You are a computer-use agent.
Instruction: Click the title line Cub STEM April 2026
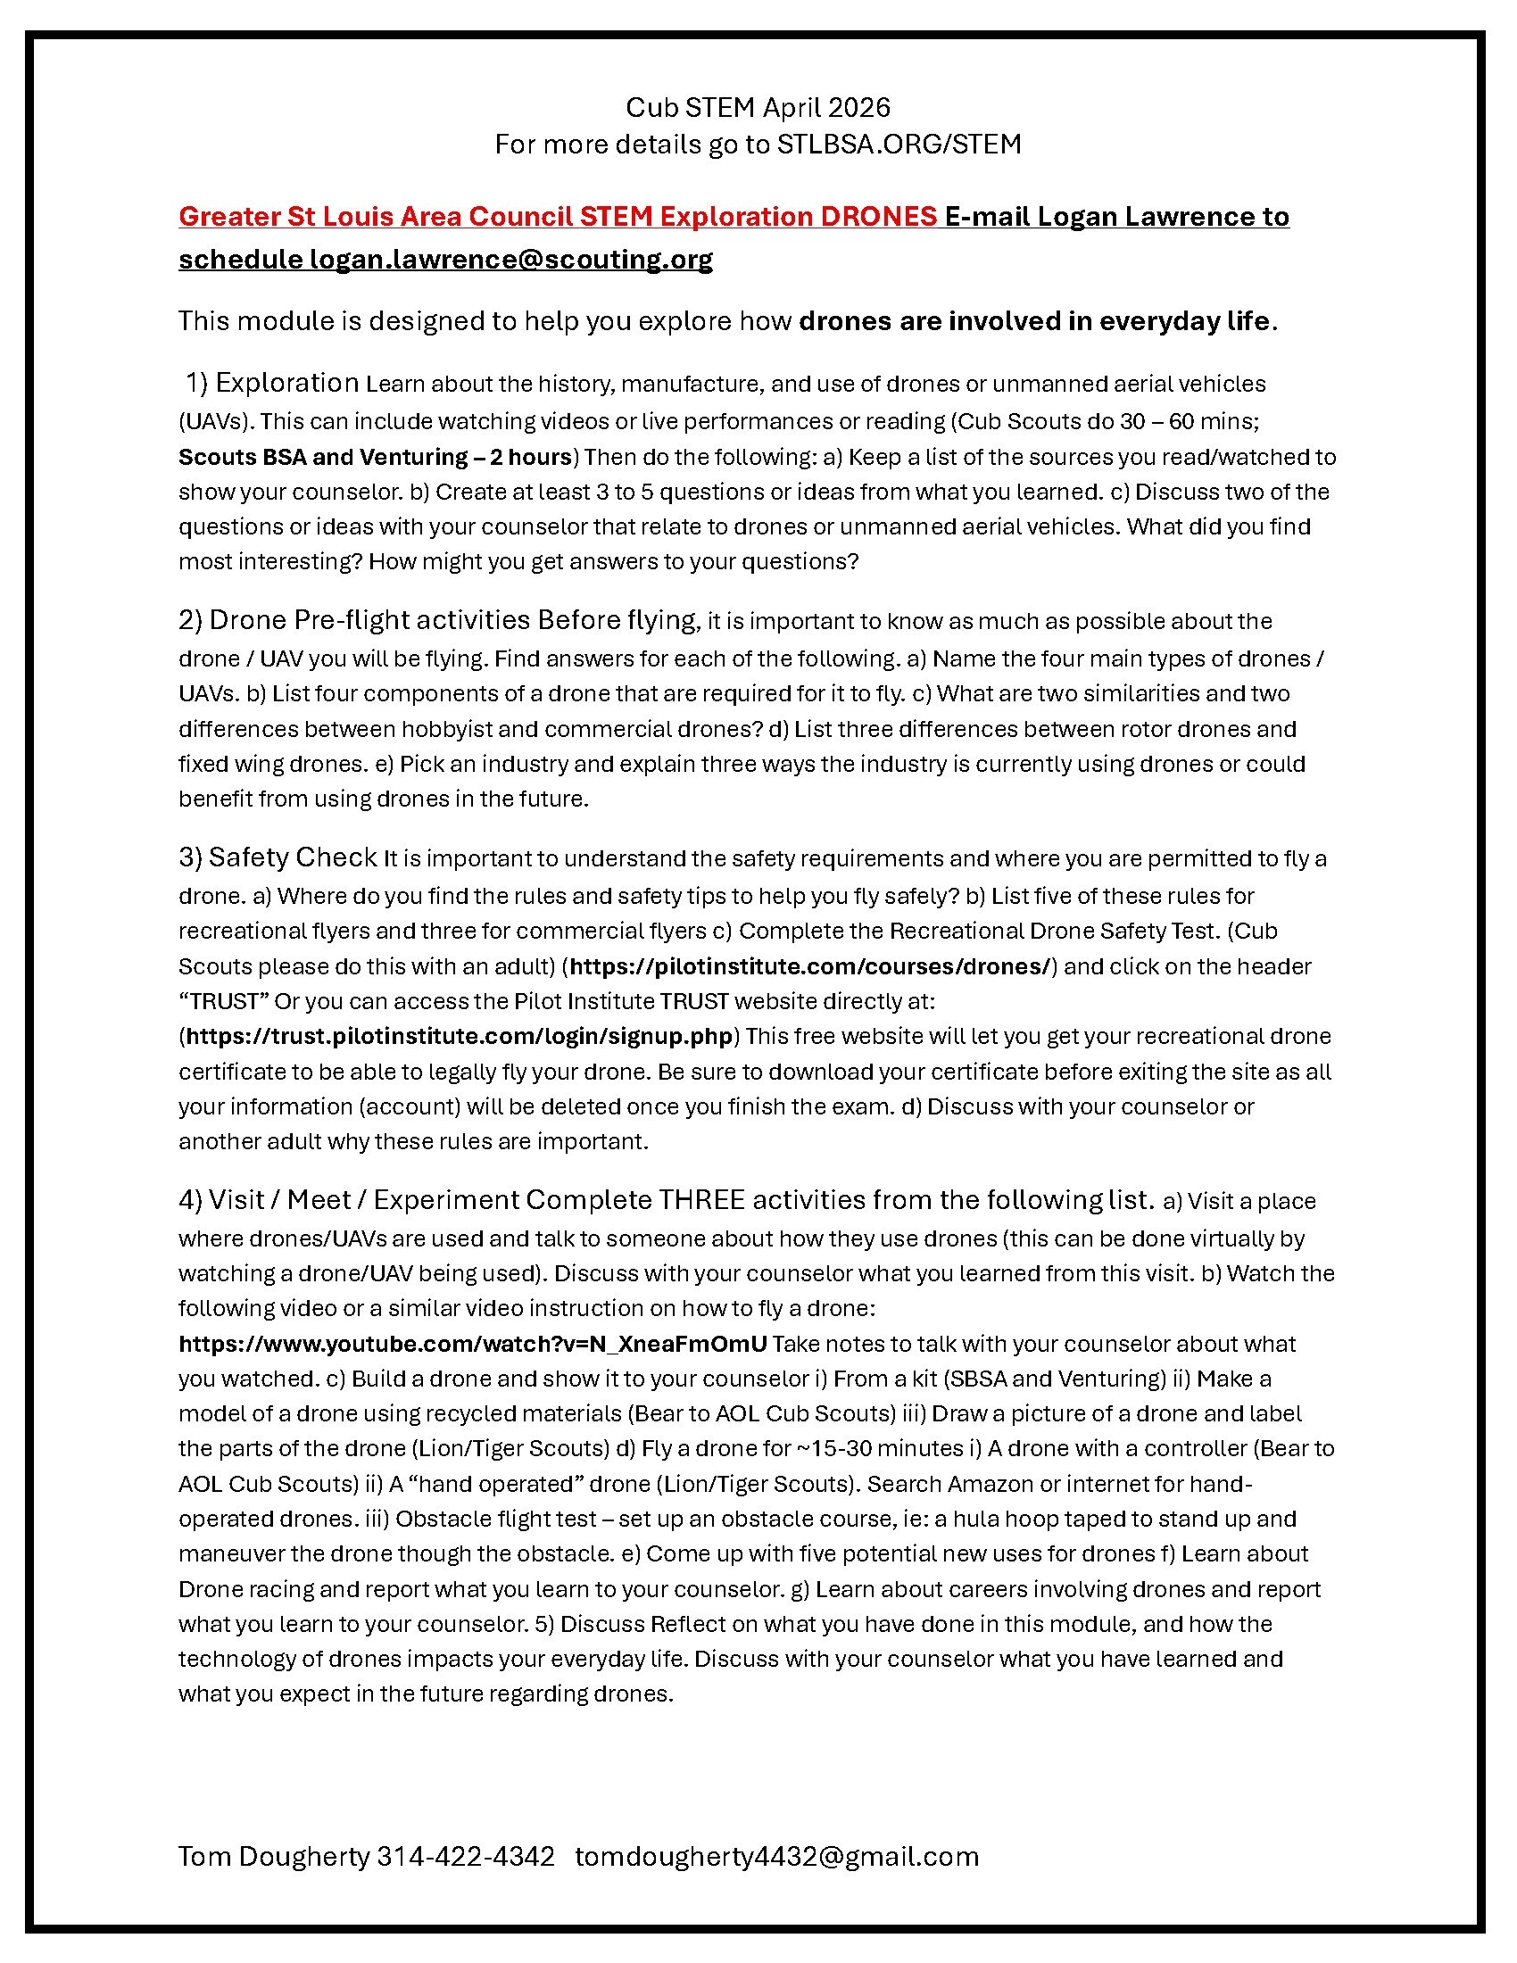click(x=758, y=108)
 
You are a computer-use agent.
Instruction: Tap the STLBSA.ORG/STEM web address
click(x=899, y=145)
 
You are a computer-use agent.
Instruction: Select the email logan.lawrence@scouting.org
click(x=511, y=260)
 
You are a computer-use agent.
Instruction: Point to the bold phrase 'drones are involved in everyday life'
click(x=1034, y=321)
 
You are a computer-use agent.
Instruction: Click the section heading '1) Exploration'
click(x=272, y=383)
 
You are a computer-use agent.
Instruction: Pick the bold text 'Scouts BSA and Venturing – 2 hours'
click(x=376, y=457)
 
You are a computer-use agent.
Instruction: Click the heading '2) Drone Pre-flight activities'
click(x=354, y=620)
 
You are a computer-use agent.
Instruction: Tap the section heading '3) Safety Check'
click(x=278, y=857)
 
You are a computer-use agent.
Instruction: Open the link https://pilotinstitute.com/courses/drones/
click(x=809, y=966)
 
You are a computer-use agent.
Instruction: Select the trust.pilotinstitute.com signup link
click(x=460, y=1036)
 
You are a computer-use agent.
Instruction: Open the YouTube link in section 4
click(x=473, y=1344)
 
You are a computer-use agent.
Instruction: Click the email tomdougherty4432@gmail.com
click(x=776, y=1857)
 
